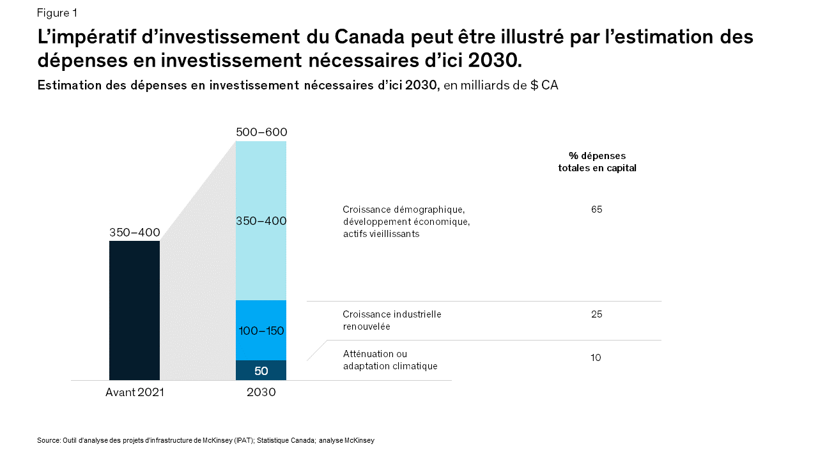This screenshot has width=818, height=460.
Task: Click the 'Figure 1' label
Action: pos(57,13)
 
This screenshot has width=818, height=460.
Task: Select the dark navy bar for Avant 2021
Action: pos(134,310)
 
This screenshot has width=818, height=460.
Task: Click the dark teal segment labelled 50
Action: pos(261,371)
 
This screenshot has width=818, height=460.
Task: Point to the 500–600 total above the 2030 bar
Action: pos(261,132)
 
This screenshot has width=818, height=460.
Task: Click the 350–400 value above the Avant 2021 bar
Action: pos(134,233)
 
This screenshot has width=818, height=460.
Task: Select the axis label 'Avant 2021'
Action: pos(134,392)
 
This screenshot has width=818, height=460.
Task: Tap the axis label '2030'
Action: pos(261,392)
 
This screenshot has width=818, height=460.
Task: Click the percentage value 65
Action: pos(596,210)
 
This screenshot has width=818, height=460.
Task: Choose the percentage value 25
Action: pos(596,314)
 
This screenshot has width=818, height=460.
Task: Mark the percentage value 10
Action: pos(596,358)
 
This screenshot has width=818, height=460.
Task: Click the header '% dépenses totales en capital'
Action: pos(597,162)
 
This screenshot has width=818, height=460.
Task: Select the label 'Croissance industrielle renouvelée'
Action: pos(392,320)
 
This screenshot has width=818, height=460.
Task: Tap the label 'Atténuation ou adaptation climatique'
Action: pos(390,360)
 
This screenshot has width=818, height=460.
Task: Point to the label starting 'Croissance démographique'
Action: pos(406,222)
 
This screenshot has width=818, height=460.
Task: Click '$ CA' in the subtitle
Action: pos(544,86)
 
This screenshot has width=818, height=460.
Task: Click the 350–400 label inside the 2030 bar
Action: pos(261,221)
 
